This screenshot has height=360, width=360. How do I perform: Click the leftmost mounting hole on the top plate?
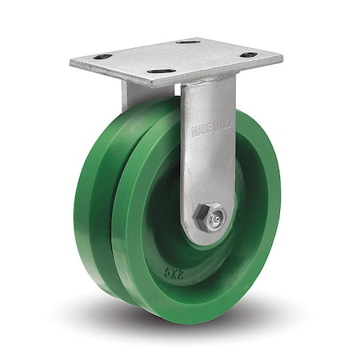click(x=102, y=57)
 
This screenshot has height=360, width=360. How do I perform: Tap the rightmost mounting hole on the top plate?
click(x=249, y=55)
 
